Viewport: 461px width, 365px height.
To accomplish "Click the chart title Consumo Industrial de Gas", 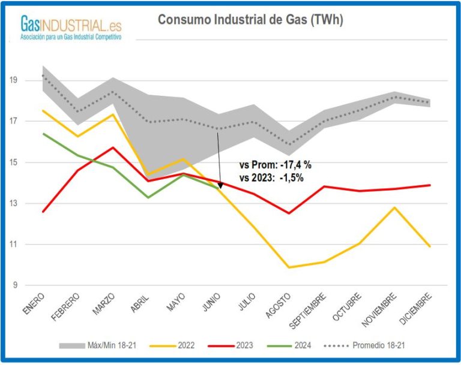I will click(x=250, y=20).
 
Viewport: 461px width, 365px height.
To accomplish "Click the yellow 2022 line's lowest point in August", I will click(x=291, y=267).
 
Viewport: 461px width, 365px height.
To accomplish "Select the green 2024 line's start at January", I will click(x=43, y=134).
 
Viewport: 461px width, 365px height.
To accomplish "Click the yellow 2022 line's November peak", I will click(x=393, y=207).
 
